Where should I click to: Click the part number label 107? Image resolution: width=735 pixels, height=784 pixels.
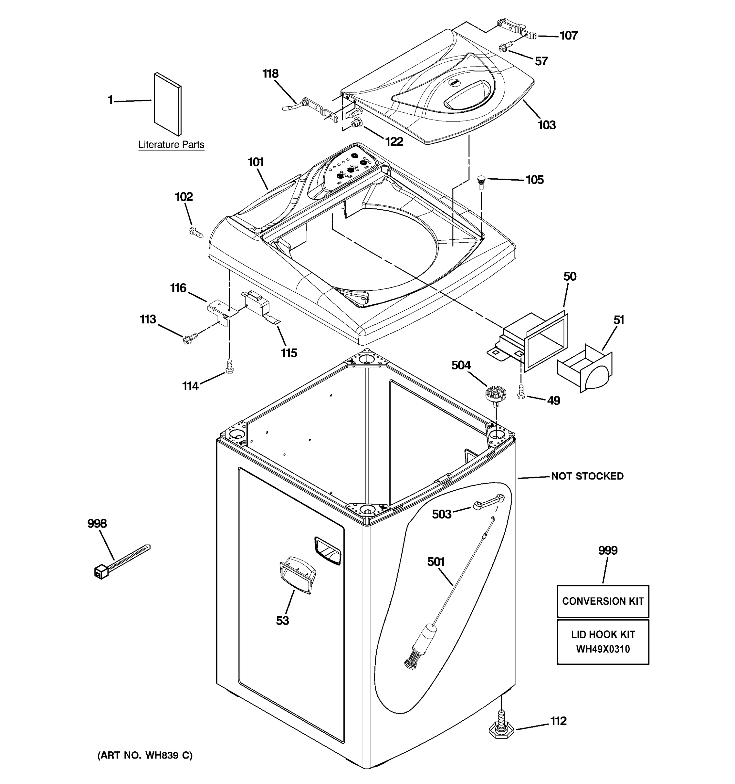tap(569, 36)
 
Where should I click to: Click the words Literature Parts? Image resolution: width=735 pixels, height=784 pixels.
tap(171, 145)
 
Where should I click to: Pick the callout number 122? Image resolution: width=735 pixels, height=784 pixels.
tap(394, 141)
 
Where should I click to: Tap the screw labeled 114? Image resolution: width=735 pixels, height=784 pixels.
tap(229, 366)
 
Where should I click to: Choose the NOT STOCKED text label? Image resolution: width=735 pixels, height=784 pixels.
tap(587, 476)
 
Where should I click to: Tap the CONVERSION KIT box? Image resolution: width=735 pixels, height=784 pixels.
tap(602, 601)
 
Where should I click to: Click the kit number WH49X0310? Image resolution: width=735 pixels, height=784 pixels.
tap(602, 649)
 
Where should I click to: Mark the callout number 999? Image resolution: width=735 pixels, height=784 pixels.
tap(608, 550)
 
